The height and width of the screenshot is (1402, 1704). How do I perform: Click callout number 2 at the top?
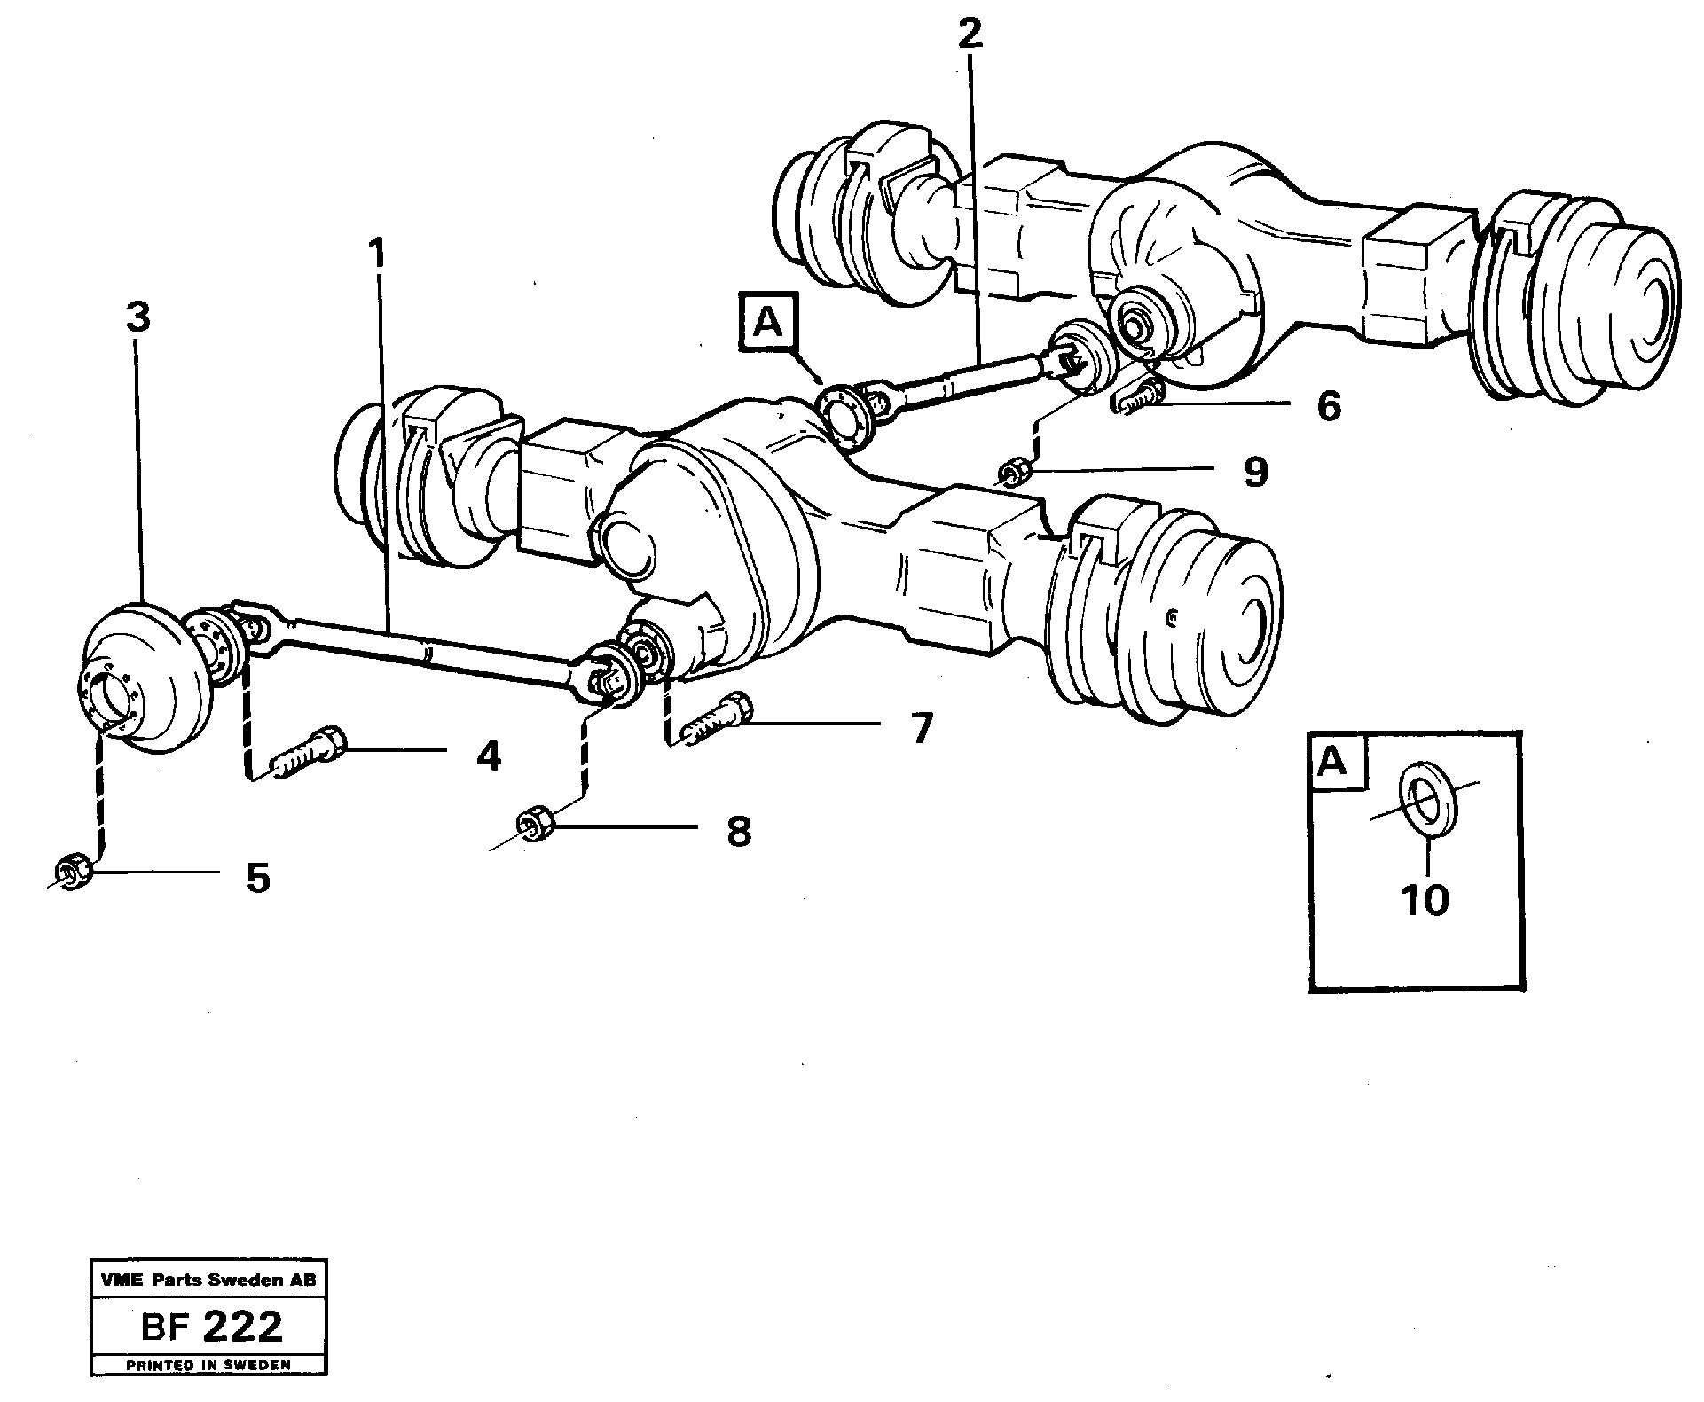pos(970,34)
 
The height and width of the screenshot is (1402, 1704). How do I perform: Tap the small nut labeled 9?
pos(1014,473)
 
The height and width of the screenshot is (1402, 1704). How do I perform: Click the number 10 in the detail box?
pos(1425,900)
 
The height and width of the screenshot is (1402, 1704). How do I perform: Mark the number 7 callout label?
pos(921,728)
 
